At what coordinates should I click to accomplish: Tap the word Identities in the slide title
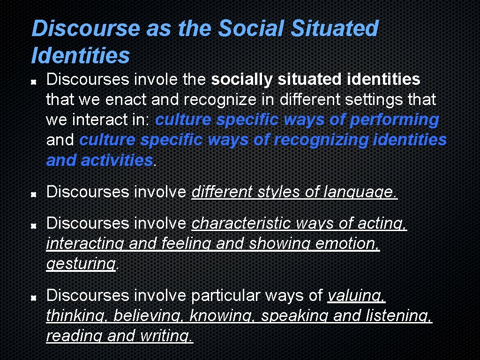click(x=80, y=55)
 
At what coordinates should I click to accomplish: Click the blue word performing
click(x=395, y=120)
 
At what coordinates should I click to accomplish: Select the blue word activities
click(x=117, y=160)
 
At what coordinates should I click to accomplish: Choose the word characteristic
click(x=241, y=224)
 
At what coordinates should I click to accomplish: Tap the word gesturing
click(x=81, y=264)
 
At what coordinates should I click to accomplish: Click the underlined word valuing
click(x=356, y=295)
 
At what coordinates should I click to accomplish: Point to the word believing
click(x=149, y=315)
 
